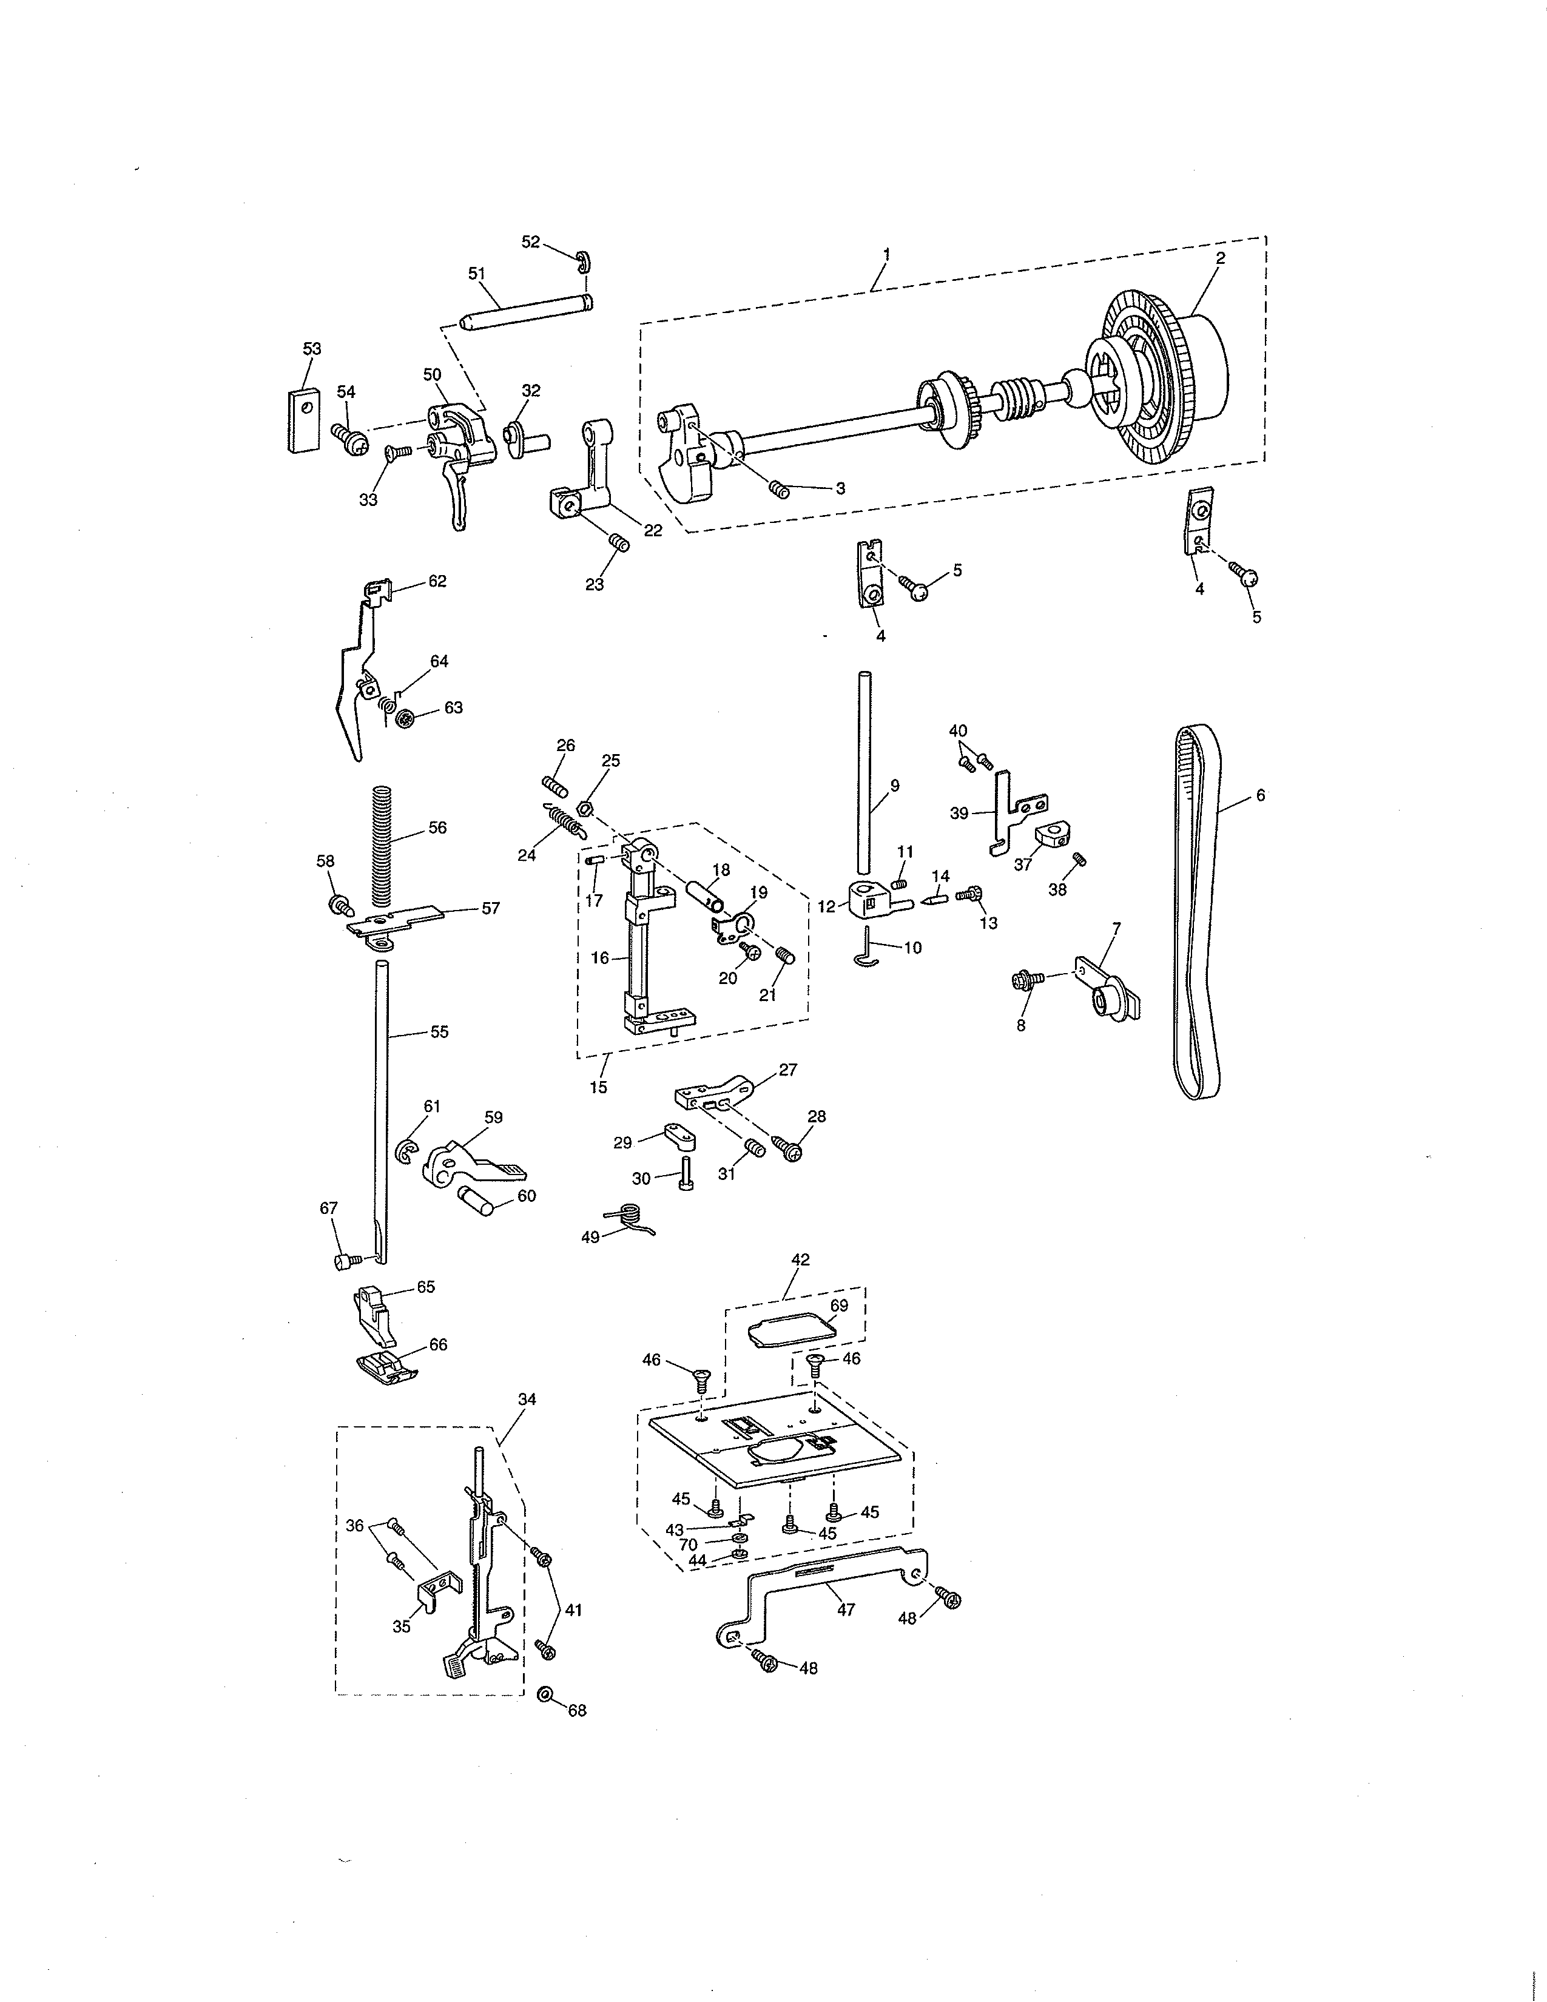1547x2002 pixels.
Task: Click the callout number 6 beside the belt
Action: tap(1260, 796)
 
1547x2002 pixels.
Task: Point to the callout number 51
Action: tap(477, 273)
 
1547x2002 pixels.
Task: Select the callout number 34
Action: tap(527, 1399)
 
